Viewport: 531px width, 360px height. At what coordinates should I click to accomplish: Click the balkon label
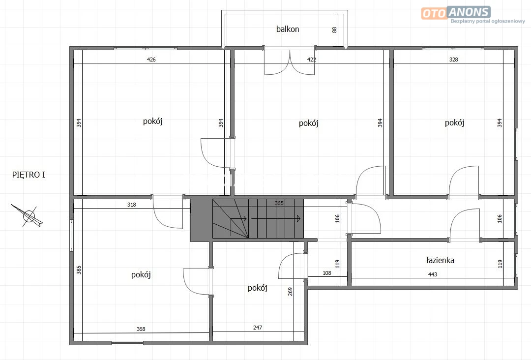288,29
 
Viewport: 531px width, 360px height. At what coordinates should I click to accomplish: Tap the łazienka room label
440,260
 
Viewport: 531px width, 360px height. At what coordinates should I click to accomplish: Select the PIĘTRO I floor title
29,175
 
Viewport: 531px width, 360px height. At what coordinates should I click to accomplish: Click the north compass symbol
28,216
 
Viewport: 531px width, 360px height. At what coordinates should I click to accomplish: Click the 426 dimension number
151,60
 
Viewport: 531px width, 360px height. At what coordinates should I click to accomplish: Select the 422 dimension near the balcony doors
312,60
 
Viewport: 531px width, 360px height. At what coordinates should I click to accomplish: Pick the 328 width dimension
453,60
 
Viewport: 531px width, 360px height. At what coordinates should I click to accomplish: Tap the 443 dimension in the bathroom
433,274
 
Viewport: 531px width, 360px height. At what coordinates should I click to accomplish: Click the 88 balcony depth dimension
335,30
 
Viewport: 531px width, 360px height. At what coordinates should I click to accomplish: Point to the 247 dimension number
257,328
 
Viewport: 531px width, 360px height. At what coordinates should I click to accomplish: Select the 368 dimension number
141,329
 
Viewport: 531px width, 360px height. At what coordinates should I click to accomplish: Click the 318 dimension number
132,205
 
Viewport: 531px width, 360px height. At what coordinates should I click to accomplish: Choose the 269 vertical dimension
290,291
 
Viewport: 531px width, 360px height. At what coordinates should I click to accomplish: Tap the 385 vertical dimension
79,270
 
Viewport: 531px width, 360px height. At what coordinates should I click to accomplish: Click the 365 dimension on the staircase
279,203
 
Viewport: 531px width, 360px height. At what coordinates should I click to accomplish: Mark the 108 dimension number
327,273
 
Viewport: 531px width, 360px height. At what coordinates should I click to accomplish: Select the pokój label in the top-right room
454,122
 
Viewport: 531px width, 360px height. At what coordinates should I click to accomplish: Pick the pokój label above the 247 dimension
257,288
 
